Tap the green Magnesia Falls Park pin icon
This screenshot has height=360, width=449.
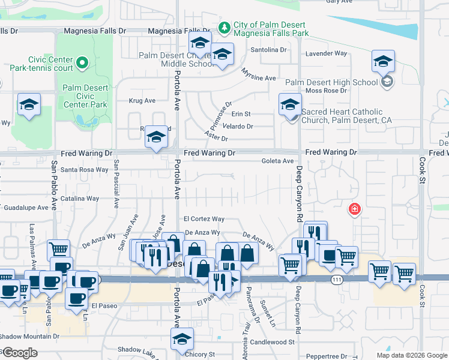pyautogui.click(x=224, y=28)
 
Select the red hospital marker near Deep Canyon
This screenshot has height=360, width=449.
pyautogui.click(x=355, y=209)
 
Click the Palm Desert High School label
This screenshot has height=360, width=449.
pyautogui.click(x=331, y=82)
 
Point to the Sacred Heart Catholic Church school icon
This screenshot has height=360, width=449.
pyautogui.click(x=290, y=106)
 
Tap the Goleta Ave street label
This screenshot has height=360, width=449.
pyautogui.click(x=277, y=161)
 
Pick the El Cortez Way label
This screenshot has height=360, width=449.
pyautogui.click(x=204, y=219)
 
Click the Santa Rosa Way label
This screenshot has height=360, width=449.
pyautogui.click(x=84, y=170)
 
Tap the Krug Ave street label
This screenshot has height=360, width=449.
pyautogui.click(x=142, y=101)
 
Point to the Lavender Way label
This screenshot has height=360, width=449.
pyautogui.click(x=327, y=53)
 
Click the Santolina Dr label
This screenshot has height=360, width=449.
pyautogui.click(x=268, y=50)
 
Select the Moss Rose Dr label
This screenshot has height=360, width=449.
pyautogui.click(x=327, y=91)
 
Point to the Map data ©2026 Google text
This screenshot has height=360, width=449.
pyautogui.click(x=411, y=355)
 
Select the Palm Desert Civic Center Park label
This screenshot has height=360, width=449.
pyautogui.click(x=85, y=96)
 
